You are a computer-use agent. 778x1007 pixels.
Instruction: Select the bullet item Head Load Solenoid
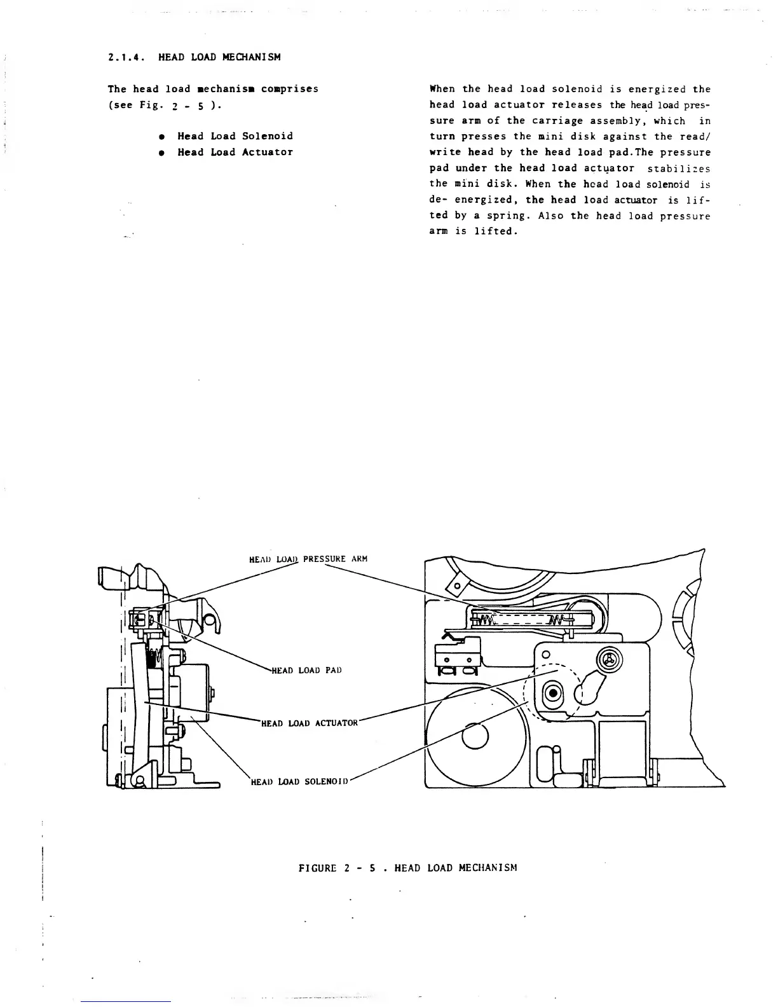(235, 136)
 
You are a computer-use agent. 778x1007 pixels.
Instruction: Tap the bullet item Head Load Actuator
(235, 152)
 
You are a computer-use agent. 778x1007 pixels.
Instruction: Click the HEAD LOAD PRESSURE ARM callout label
(308, 559)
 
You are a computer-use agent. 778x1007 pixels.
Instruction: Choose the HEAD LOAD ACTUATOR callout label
(310, 723)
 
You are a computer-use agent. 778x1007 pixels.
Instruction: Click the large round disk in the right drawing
(475, 737)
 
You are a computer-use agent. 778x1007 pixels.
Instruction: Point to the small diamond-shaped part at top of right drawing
(457, 583)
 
